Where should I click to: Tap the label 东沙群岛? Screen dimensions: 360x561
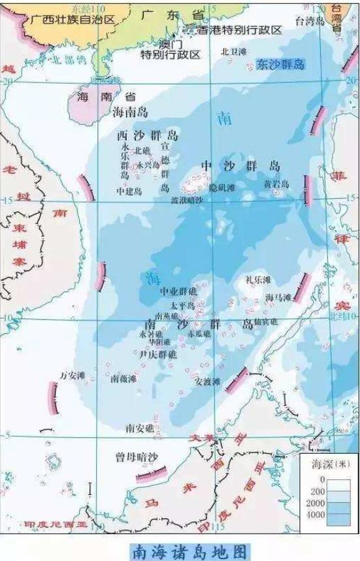281,64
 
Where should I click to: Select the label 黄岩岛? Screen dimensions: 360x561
276,184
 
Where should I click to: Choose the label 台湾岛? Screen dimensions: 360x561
310,21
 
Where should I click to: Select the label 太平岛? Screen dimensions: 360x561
182,306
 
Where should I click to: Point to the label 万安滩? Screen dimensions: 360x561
73,376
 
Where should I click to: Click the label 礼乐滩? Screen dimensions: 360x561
257,280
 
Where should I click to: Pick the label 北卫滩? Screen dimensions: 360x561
234,51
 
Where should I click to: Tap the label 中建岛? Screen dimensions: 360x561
129,192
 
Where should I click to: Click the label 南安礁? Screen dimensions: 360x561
140,428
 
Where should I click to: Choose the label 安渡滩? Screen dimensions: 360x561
208,381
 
